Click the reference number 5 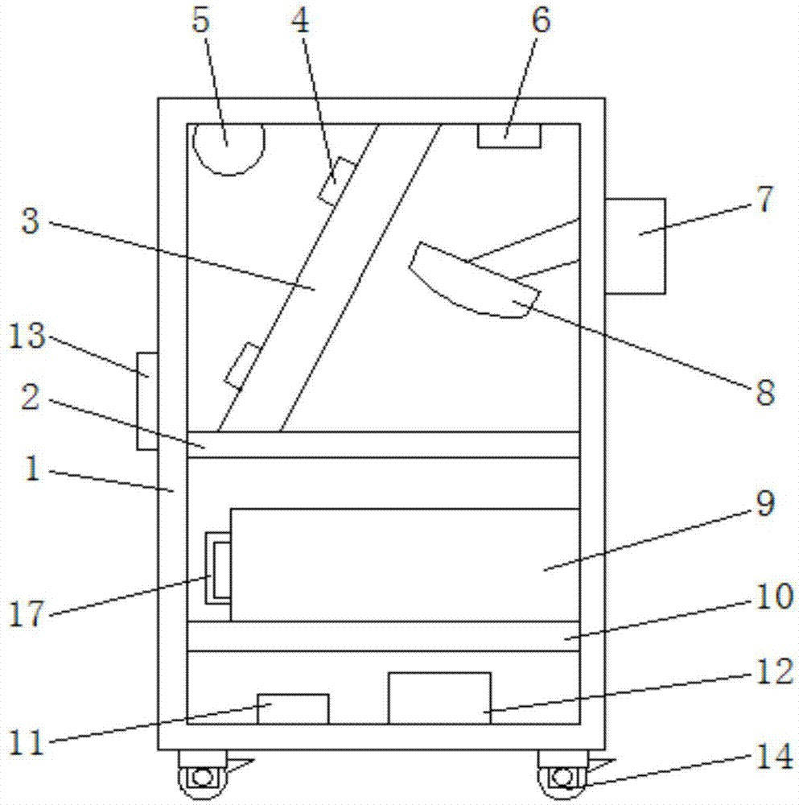(x=201, y=21)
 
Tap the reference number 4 (x=301, y=21)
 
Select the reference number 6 (x=541, y=21)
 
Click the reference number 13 (x=27, y=336)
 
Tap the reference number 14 (x=775, y=756)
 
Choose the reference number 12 (x=775, y=671)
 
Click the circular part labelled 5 (x=229, y=149)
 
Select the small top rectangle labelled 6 (x=509, y=136)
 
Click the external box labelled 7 (x=636, y=246)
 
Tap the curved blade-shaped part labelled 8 (x=475, y=280)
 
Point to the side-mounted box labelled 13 (x=147, y=401)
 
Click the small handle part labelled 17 (x=218, y=569)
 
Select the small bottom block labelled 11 (x=293, y=709)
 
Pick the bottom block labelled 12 (x=439, y=698)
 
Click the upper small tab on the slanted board (x=336, y=182)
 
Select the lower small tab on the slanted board (x=243, y=365)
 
